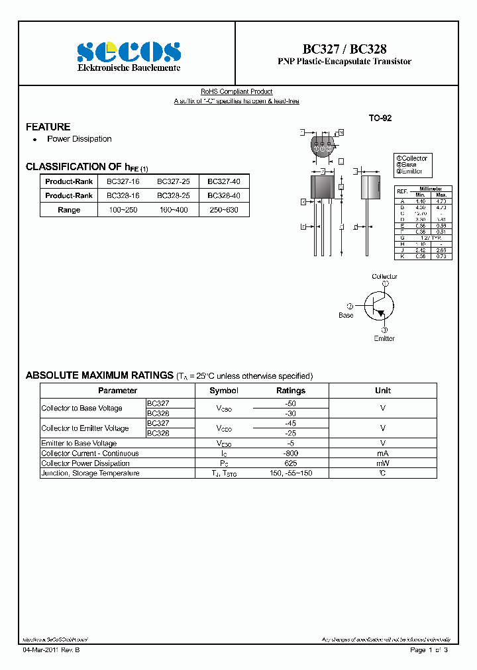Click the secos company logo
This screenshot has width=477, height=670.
(128, 51)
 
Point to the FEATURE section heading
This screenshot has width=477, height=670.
(48, 126)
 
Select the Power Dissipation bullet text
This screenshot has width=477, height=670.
(79, 139)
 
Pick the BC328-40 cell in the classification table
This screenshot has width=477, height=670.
(223, 195)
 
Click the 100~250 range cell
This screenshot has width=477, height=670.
(123, 210)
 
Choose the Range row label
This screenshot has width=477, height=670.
(69, 210)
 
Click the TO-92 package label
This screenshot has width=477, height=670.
(380, 118)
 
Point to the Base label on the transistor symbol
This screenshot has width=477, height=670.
(346, 315)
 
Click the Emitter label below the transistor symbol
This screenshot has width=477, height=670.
(384, 338)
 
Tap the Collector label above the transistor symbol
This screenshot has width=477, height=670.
(384, 276)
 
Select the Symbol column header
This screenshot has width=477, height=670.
(223, 391)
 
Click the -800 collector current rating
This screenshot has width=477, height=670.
(290, 454)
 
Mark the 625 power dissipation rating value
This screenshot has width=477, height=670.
(290, 463)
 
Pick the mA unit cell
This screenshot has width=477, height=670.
(382, 454)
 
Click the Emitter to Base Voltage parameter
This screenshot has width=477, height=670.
(79, 444)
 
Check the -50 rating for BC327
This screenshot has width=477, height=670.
(290, 403)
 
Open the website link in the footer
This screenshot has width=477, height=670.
(55, 640)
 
